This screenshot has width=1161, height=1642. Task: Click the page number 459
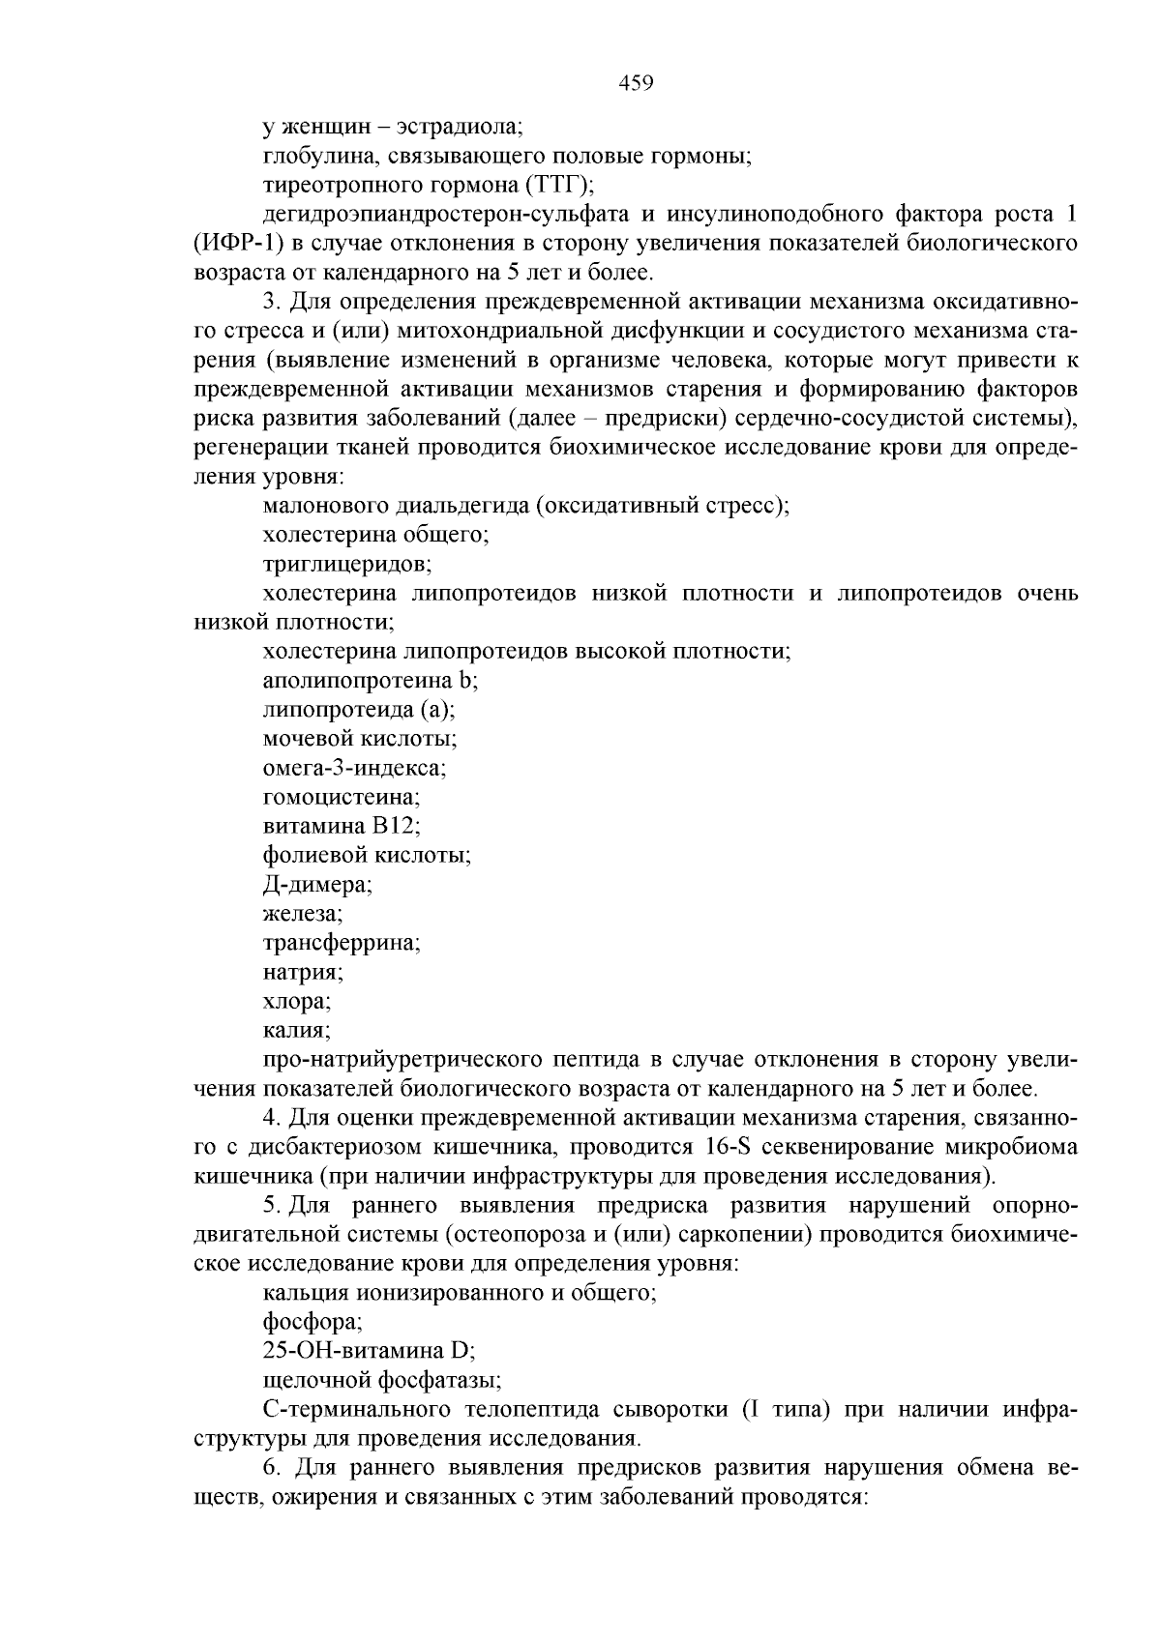click(x=636, y=83)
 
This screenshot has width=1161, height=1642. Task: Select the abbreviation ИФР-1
click(x=239, y=242)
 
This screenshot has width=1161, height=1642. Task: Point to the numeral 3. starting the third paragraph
click(x=270, y=301)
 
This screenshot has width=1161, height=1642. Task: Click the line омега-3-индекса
click(x=354, y=768)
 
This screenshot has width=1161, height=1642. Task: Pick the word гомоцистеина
click(x=341, y=798)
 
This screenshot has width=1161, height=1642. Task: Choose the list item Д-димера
click(x=317, y=885)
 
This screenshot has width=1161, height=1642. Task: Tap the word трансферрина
click(x=341, y=943)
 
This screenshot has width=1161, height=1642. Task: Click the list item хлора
click(x=296, y=1002)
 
